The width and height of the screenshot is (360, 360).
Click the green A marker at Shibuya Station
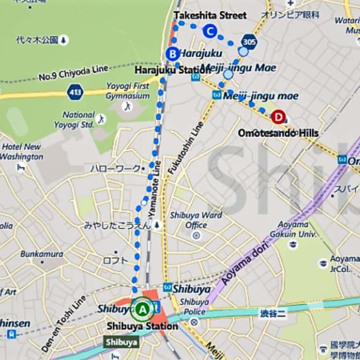(x=142, y=309)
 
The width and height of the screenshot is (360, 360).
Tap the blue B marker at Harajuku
(x=172, y=54)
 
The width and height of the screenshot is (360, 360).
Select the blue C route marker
(x=210, y=31)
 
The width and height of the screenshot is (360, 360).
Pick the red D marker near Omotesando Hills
(x=279, y=116)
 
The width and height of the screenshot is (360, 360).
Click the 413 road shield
(x=75, y=91)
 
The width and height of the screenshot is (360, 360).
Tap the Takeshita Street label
(x=210, y=15)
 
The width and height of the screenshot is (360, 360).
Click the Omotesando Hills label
(x=278, y=133)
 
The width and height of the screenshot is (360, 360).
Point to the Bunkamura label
(x=42, y=254)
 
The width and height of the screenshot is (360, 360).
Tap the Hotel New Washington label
(x=22, y=151)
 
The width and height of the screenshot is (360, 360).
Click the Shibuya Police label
(x=194, y=307)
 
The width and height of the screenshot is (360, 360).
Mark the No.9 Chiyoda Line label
(x=73, y=73)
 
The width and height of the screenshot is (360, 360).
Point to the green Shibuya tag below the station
(x=121, y=342)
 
